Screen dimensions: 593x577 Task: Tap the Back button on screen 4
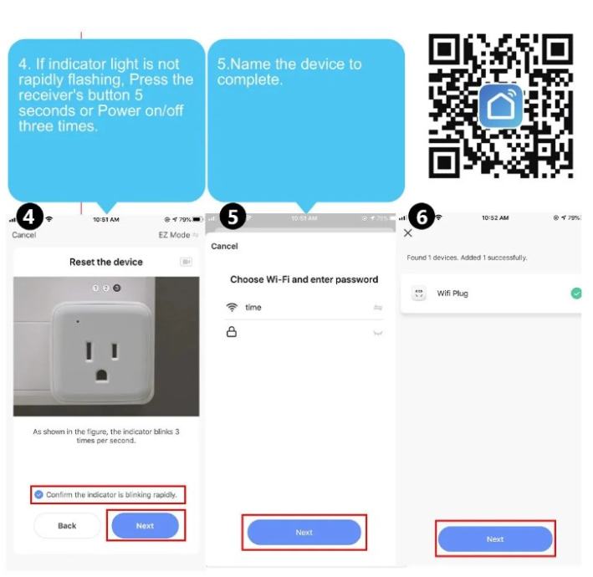click(67, 526)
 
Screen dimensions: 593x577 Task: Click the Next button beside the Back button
click(146, 526)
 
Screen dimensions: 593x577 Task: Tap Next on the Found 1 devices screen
click(495, 539)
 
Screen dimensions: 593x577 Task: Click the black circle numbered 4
click(28, 217)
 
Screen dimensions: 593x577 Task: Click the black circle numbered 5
click(233, 217)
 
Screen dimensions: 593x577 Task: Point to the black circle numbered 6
click(422, 217)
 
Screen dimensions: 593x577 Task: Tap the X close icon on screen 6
click(407, 233)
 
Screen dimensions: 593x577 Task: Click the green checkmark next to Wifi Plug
click(576, 293)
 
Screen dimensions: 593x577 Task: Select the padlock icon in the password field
click(232, 332)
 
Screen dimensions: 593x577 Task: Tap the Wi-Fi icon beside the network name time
click(232, 307)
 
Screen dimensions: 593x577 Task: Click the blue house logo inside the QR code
click(501, 106)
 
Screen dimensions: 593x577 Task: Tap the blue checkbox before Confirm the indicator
click(38, 494)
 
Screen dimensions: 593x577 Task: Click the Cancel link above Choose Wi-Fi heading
click(224, 246)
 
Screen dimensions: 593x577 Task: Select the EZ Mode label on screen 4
click(174, 235)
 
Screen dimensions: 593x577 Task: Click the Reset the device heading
click(106, 262)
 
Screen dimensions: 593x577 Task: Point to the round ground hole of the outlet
click(101, 375)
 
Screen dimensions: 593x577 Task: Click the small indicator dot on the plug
click(78, 322)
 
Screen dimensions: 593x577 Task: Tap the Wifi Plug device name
click(452, 294)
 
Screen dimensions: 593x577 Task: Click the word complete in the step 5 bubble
click(249, 79)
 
